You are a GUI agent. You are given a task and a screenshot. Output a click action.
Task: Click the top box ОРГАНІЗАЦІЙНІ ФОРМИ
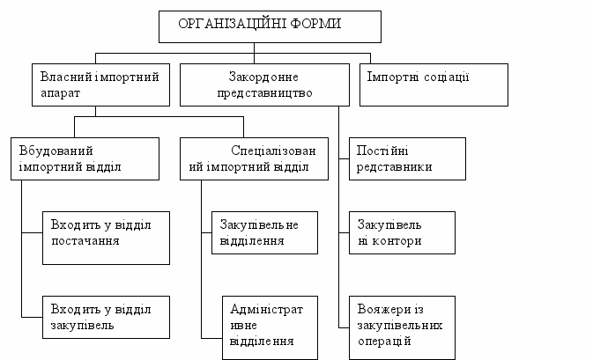point(270,26)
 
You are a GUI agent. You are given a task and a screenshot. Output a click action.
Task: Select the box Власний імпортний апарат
point(100,84)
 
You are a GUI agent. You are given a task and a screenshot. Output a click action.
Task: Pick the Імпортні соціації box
point(434,84)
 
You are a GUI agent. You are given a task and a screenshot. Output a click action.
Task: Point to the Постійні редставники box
point(407,158)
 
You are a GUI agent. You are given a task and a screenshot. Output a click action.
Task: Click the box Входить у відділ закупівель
point(105,316)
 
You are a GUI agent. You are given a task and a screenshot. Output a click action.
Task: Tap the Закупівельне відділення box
point(264,231)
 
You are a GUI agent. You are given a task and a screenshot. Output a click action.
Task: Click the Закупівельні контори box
point(402,232)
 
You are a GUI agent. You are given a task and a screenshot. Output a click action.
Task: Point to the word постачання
point(86,240)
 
